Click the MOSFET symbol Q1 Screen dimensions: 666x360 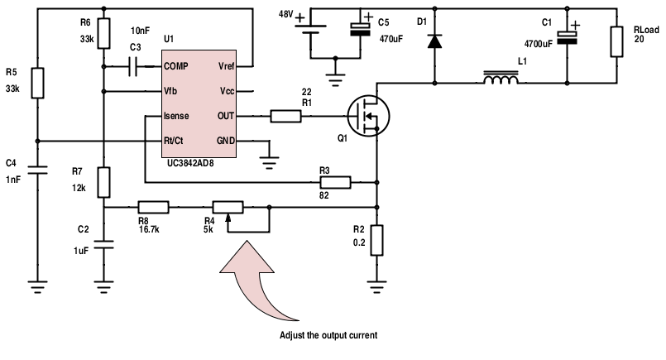[368, 116]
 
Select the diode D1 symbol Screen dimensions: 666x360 [434, 41]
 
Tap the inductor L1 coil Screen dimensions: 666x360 [501, 78]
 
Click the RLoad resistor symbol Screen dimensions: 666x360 [616, 41]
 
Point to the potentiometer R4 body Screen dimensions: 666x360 [228, 208]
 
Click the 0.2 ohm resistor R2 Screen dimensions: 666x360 [376, 240]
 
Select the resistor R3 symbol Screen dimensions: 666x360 [335, 182]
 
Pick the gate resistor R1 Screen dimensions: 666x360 [286, 116]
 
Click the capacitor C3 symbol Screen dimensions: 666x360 [133, 67]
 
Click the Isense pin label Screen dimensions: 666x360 [176, 116]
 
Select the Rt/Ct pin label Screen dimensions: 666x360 [173, 141]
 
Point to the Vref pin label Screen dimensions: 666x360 [227, 66]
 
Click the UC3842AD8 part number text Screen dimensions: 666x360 [190, 163]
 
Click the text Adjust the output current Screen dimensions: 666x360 [328, 335]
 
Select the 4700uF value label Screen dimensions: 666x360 [538, 44]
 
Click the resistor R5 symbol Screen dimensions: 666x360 [37, 83]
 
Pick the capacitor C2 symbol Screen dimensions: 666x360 [103, 244]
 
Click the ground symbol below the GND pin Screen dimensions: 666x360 [269, 163]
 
